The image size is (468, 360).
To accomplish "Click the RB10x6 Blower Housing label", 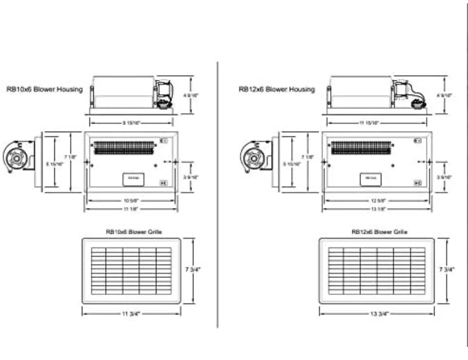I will click(45, 89).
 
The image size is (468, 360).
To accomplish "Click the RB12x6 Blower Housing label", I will click(276, 89).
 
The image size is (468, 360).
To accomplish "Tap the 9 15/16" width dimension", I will click(131, 123).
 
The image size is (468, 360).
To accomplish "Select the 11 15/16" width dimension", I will click(369, 123).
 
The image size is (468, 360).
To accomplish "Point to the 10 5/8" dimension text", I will click(131, 200).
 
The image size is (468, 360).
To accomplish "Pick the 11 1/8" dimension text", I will click(131, 209).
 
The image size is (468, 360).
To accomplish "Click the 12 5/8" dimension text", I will click(378, 200).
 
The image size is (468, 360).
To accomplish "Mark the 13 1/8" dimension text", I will click(378, 209).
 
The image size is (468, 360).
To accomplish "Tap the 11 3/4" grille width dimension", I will click(131, 314).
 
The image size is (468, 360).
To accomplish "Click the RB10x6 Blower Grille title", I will click(134, 232).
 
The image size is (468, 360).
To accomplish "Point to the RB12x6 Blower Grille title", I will click(379, 232).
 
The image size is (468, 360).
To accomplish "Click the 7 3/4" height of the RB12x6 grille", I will click(447, 270).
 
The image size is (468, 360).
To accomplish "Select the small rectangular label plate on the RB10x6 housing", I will click(134, 179).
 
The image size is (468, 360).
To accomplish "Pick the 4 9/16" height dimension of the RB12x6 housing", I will click(444, 95).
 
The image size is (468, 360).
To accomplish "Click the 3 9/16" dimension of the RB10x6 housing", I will click(190, 177).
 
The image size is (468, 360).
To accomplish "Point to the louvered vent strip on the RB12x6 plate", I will click(361, 147).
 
